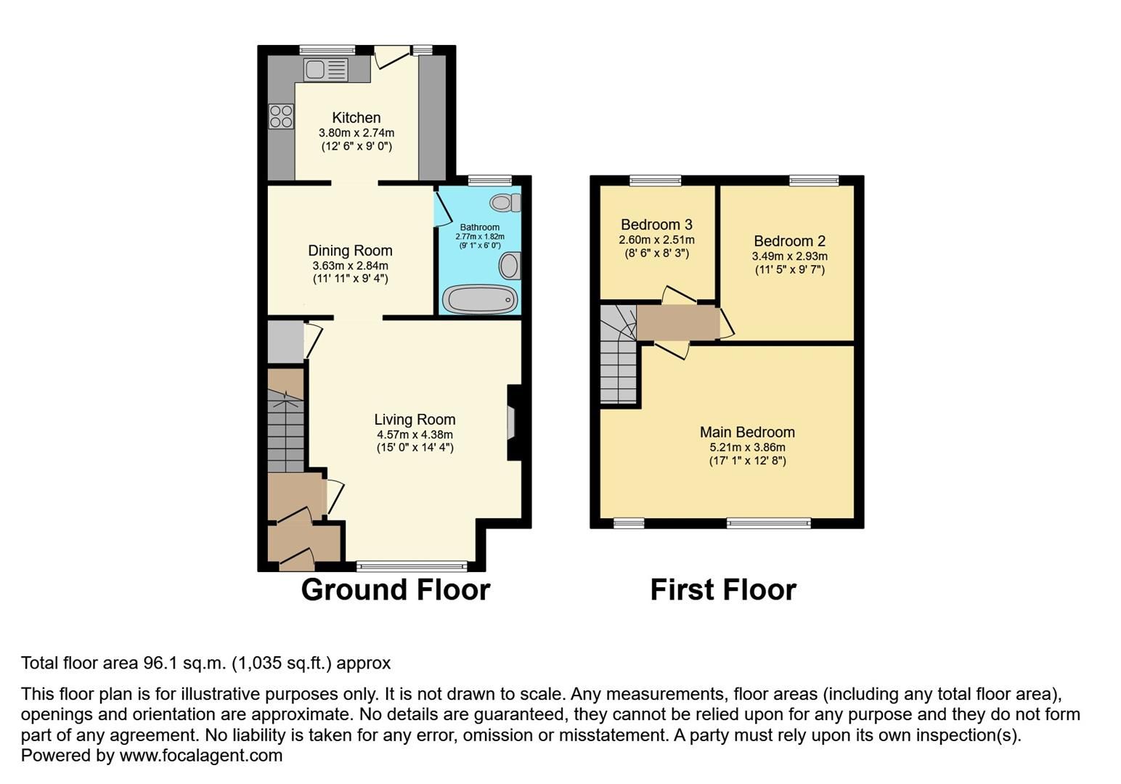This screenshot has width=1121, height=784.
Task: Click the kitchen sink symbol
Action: point(326,70)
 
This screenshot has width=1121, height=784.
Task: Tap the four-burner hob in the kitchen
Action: point(281,117)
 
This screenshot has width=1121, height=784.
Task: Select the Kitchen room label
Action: point(356,118)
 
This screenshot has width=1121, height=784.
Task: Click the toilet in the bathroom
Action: point(505,202)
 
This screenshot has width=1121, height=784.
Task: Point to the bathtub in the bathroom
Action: point(479,299)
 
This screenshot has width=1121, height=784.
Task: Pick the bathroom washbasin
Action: point(510,266)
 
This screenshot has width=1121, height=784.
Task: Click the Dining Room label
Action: point(350,250)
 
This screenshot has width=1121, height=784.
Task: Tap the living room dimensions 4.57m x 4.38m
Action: point(415,434)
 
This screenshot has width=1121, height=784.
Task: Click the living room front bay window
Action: point(412,566)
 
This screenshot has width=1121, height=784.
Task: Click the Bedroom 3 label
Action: point(656,225)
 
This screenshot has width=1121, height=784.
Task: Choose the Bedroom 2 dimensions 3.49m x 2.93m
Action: point(789,256)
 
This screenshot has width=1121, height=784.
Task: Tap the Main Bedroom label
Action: point(747,432)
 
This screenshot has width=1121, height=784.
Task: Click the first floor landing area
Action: point(677,323)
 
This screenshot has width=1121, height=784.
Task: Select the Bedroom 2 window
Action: point(814,180)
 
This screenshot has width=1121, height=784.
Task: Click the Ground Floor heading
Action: point(396,589)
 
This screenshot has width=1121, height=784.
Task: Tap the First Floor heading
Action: point(723,589)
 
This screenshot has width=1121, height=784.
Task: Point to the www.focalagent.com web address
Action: point(200,755)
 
